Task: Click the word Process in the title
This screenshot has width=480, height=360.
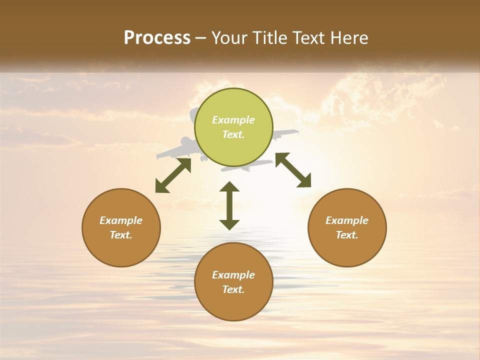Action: pyautogui.click(x=157, y=38)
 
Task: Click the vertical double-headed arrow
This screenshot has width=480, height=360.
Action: pyautogui.click(x=229, y=206)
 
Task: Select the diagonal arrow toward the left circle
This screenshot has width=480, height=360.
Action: pyautogui.click(x=173, y=175)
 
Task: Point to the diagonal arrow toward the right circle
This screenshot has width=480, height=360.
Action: pyautogui.click(x=293, y=170)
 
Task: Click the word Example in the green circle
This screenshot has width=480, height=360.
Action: pyautogui.click(x=233, y=120)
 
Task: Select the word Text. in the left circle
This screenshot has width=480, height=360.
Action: pyautogui.click(x=121, y=235)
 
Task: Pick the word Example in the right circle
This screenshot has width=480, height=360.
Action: pyautogui.click(x=347, y=220)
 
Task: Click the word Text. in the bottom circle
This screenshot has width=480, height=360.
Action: pyautogui.click(x=233, y=289)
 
